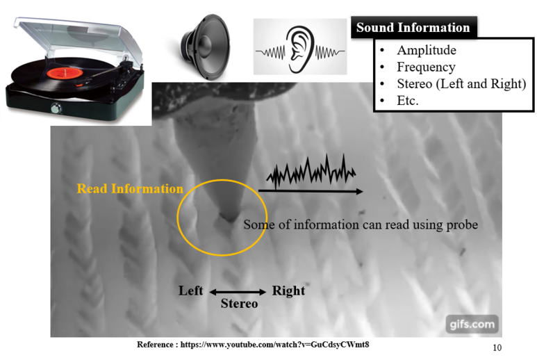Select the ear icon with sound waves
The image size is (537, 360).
(x=300, y=47)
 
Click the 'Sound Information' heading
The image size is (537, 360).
(x=413, y=28)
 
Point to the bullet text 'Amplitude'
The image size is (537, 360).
(x=427, y=50)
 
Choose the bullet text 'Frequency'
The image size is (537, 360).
(x=426, y=67)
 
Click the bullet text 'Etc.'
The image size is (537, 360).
(x=408, y=100)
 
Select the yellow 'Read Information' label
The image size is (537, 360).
(x=130, y=188)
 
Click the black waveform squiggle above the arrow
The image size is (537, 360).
(x=311, y=174)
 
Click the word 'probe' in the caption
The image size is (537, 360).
(x=461, y=224)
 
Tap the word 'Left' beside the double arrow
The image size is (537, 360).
(x=190, y=291)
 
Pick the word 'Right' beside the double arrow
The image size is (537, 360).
(x=288, y=291)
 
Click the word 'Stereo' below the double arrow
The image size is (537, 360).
(x=239, y=304)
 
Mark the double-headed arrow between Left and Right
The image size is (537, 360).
(x=238, y=292)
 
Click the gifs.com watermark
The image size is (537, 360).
(x=472, y=323)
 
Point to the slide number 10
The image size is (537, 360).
(x=496, y=347)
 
